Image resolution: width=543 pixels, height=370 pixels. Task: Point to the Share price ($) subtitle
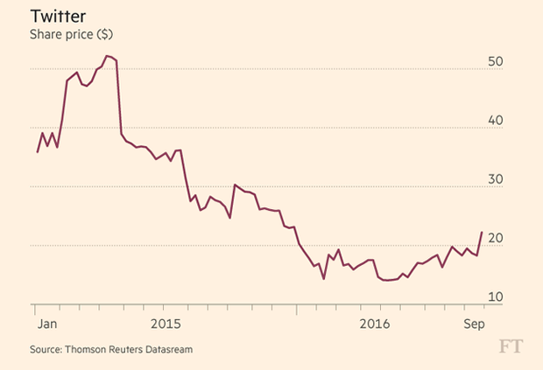tap(71, 35)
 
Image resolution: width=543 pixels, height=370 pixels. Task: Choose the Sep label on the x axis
tap(475, 323)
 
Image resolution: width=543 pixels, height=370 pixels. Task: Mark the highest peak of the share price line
tap(106, 56)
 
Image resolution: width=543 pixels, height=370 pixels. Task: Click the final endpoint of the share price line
tap(482, 233)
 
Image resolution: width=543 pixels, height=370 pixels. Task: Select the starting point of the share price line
tap(37, 152)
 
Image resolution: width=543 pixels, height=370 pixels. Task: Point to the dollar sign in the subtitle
tap(104, 35)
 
